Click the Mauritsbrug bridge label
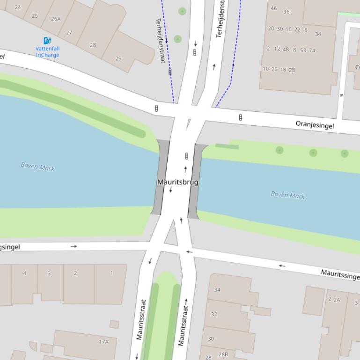tap(178, 182)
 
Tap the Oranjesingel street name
tap(315, 124)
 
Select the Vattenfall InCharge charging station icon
tap(47, 41)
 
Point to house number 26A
tap(56, 19)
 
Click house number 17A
tap(103, 342)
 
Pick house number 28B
tap(223, 354)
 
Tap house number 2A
tap(336, 300)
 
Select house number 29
tap(118, 58)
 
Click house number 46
tap(273, 8)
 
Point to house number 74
tap(312, 50)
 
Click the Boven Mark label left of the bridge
tap(37, 166)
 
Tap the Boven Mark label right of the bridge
tap(287, 195)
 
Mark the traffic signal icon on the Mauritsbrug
tap(187, 156)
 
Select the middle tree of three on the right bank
tap(313, 152)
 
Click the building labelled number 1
tap(111, 274)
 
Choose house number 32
tap(214, 314)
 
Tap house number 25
tap(35, 16)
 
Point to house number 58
tap(303, 50)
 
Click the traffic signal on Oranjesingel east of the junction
tap(241, 117)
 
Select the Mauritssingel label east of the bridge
tap(340, 274)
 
